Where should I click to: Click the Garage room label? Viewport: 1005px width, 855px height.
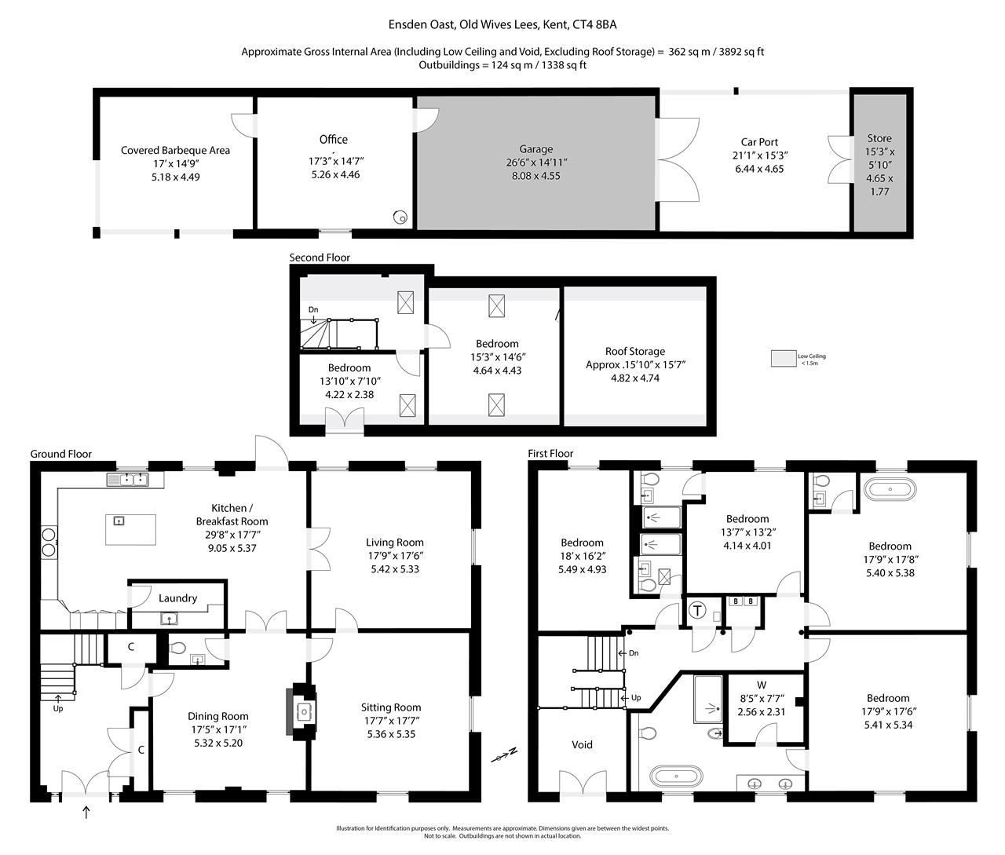(535, 149)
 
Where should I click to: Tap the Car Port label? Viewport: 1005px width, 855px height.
(758, 142)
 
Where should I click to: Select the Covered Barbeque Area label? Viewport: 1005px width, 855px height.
(175, 150)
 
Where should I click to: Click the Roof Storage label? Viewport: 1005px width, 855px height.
(634, 352)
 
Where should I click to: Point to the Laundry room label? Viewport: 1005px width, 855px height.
(177, 598)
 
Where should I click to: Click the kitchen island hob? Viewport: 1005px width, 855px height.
(119, 521)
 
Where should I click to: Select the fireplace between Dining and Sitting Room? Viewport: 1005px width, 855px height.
(302, 711)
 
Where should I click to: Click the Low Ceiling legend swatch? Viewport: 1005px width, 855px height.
(783, 358)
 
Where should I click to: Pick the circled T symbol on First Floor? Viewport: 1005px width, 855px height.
(697, 610)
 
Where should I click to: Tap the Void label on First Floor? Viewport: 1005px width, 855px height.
(582, 744)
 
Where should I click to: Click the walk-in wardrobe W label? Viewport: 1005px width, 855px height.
(761, 685)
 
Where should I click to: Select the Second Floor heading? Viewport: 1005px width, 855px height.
(320, 258)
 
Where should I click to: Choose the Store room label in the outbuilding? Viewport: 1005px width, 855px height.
(879, 138)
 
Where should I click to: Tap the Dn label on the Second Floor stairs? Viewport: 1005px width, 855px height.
(313, 309)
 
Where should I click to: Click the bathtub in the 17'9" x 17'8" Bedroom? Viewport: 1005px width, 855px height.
(890, 490)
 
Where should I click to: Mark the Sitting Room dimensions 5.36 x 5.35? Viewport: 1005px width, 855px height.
(391, 734)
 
